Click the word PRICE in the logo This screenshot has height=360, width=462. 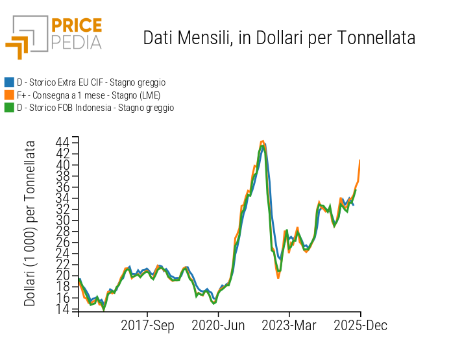pos(76,26)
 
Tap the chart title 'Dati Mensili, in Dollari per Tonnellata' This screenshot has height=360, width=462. pos(279,38)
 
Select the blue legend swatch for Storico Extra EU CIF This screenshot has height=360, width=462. pos(9,82)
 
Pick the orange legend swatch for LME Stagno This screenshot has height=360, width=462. pos(9,95)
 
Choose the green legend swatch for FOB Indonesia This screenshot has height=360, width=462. pos(9,108)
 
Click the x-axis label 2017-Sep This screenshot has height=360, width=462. pos(147,326)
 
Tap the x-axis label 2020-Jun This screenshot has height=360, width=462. pos(218,326)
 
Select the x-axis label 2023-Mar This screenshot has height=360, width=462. pos(289,326)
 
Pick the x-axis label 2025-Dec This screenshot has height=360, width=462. pos(360,326)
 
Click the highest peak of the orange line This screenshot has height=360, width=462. pos(262,141)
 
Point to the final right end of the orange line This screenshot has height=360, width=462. pos(359,160)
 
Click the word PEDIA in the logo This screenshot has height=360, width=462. pos(76,42)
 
